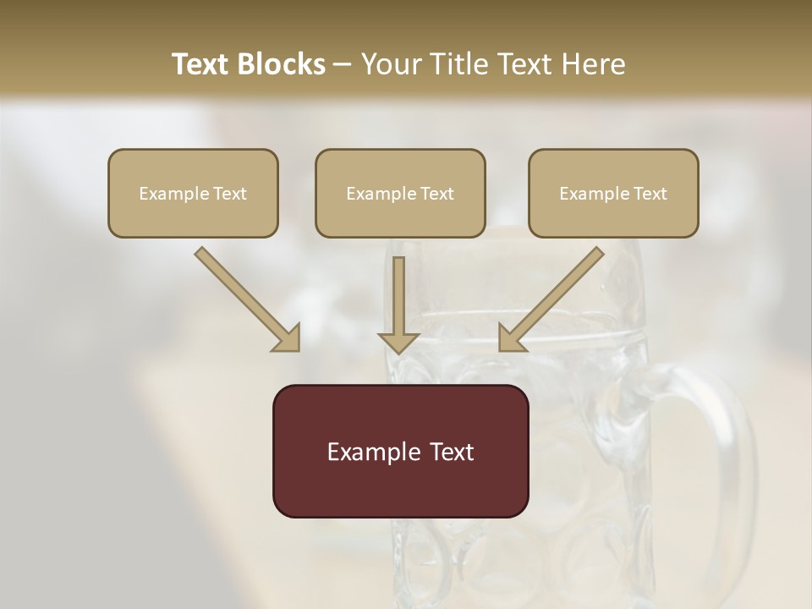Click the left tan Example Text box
tap(193, 194)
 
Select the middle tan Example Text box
tap(400, 194)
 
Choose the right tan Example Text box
tap(613, 194)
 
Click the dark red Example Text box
tap(400, 451)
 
